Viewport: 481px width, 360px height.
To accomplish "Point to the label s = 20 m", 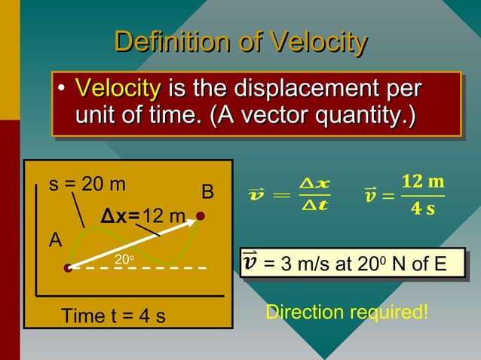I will (x=87, y=184).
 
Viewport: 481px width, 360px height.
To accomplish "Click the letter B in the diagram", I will (x=208, y=194).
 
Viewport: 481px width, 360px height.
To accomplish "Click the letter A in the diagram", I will (x=55, y=241).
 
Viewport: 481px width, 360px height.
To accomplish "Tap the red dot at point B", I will (x=201, y=216).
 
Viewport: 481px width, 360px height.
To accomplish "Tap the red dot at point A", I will (x=68, y=267).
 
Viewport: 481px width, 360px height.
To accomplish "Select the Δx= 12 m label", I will (x=143, y=217).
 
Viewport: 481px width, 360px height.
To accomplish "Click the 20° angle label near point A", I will (x=124, y=260).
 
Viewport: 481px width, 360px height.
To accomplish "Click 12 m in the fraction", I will (x=422, y=182).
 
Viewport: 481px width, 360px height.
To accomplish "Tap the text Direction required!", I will (x=348, y=311).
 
